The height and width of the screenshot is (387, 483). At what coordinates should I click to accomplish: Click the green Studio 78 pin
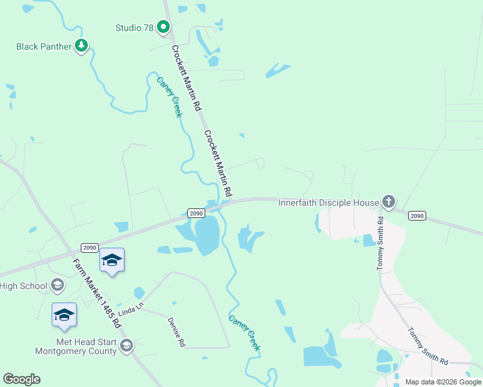(x=163, y=27)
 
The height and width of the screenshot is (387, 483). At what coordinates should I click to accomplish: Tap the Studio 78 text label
(x=135, y=28)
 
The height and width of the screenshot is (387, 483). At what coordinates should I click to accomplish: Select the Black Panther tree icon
(x=81, y=46)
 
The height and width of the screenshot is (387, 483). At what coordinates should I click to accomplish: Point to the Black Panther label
(x=44, y=46)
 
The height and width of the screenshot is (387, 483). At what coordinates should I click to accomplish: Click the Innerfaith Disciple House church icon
(x=388, y=203)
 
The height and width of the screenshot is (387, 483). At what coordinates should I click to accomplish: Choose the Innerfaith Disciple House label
(x=329, y=203)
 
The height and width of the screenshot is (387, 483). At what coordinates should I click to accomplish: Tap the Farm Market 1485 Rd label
(x=97, y=292)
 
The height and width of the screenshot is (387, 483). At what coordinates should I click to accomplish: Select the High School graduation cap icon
(x=57, y=285)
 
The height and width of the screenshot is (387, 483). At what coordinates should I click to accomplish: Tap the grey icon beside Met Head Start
(x=127, y=346)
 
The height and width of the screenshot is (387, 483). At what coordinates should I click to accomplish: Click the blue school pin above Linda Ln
(x=112, y=261)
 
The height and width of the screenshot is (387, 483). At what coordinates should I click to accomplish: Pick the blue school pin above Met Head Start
(x=64, y=315)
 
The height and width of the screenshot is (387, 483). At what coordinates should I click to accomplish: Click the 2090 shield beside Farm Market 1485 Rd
(x=89, y=248)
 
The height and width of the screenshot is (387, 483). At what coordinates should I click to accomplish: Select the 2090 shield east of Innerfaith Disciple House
(x=416, y=216)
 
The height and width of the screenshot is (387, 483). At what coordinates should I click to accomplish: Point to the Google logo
(x=21, y=379)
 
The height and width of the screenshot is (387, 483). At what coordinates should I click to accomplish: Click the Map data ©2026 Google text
(x=442, y=382)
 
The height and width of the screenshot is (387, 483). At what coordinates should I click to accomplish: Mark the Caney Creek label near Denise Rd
(x=245, y=333)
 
